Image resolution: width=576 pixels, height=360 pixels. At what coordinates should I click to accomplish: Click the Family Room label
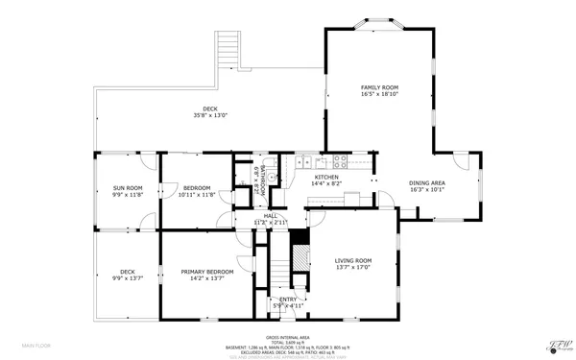pyautogui.click(x=379, y=87)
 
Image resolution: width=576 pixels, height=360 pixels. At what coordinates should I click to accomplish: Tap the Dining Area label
pyautogui.click(x=427, y=182)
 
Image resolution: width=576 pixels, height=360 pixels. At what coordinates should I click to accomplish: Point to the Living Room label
pyautogui.click(x=352, y=260)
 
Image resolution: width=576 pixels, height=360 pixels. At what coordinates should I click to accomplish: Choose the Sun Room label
pyautogui.click(x=127, y=187)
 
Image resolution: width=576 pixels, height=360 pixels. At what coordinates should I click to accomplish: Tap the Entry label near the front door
pyautogui.click(x=288, y=300)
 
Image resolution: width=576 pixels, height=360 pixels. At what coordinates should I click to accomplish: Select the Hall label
pyautogui.click(x=271, y=215)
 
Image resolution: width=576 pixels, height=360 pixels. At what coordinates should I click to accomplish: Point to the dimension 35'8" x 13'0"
pyautogui.click(x=209, y=115)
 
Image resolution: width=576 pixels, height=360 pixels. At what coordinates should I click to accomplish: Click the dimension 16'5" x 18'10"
pyautogui.click(x=379, y=94)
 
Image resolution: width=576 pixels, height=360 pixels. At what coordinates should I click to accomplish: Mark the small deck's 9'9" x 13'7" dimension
pyautogui.click(x=127, y=278)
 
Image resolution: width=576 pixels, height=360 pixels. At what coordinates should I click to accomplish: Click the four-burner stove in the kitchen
pyautogui.click(x=338, y=160)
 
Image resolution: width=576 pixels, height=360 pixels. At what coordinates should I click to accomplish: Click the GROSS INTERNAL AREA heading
pyautogui.click(x=287, y=337)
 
